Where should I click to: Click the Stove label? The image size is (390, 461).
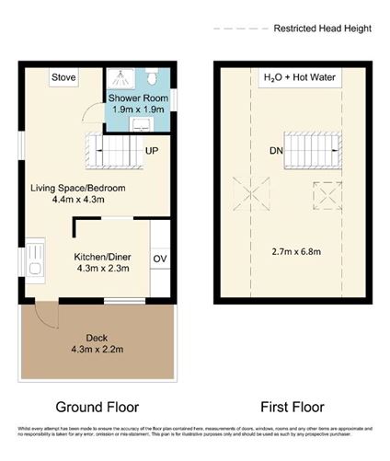click(63, 77)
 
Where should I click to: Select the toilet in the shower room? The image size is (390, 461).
click(158, 75)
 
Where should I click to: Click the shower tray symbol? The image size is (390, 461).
click(119, 77)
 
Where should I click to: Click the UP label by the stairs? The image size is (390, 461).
click(153, 150)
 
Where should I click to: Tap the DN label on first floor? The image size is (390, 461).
click(275, 150)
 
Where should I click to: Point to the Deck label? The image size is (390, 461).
click(97, 342)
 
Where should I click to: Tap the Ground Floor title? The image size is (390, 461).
click(97, 407)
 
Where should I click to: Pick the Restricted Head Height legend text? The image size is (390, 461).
click(322, 29)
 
